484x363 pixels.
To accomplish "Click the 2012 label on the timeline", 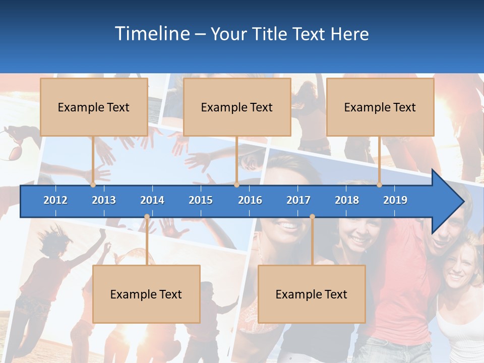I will [55, 200].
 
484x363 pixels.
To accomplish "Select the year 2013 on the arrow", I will [104, 200].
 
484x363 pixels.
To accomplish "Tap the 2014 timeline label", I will [152, 200].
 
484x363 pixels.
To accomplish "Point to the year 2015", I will [201, 200].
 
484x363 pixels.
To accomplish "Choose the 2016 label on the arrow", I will [250, 200].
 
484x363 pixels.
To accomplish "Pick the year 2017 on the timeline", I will [298, 200].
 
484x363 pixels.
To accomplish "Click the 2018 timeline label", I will [347, 200].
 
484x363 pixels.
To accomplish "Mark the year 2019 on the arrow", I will [395, 200].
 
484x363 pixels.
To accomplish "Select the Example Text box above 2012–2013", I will [94, 107].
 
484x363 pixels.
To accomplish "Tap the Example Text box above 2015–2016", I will [237, 107].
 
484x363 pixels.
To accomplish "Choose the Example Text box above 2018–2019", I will [380, 107].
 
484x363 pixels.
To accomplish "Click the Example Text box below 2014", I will [146, 294].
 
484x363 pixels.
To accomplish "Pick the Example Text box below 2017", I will [312, 294].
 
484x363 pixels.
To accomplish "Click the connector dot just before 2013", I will [93, 185].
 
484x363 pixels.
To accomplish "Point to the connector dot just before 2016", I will [236, 185].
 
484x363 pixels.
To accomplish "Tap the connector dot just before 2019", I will [380, 185].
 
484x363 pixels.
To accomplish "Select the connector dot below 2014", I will [147, 217].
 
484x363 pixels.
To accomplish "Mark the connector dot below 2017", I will [312, 217].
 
